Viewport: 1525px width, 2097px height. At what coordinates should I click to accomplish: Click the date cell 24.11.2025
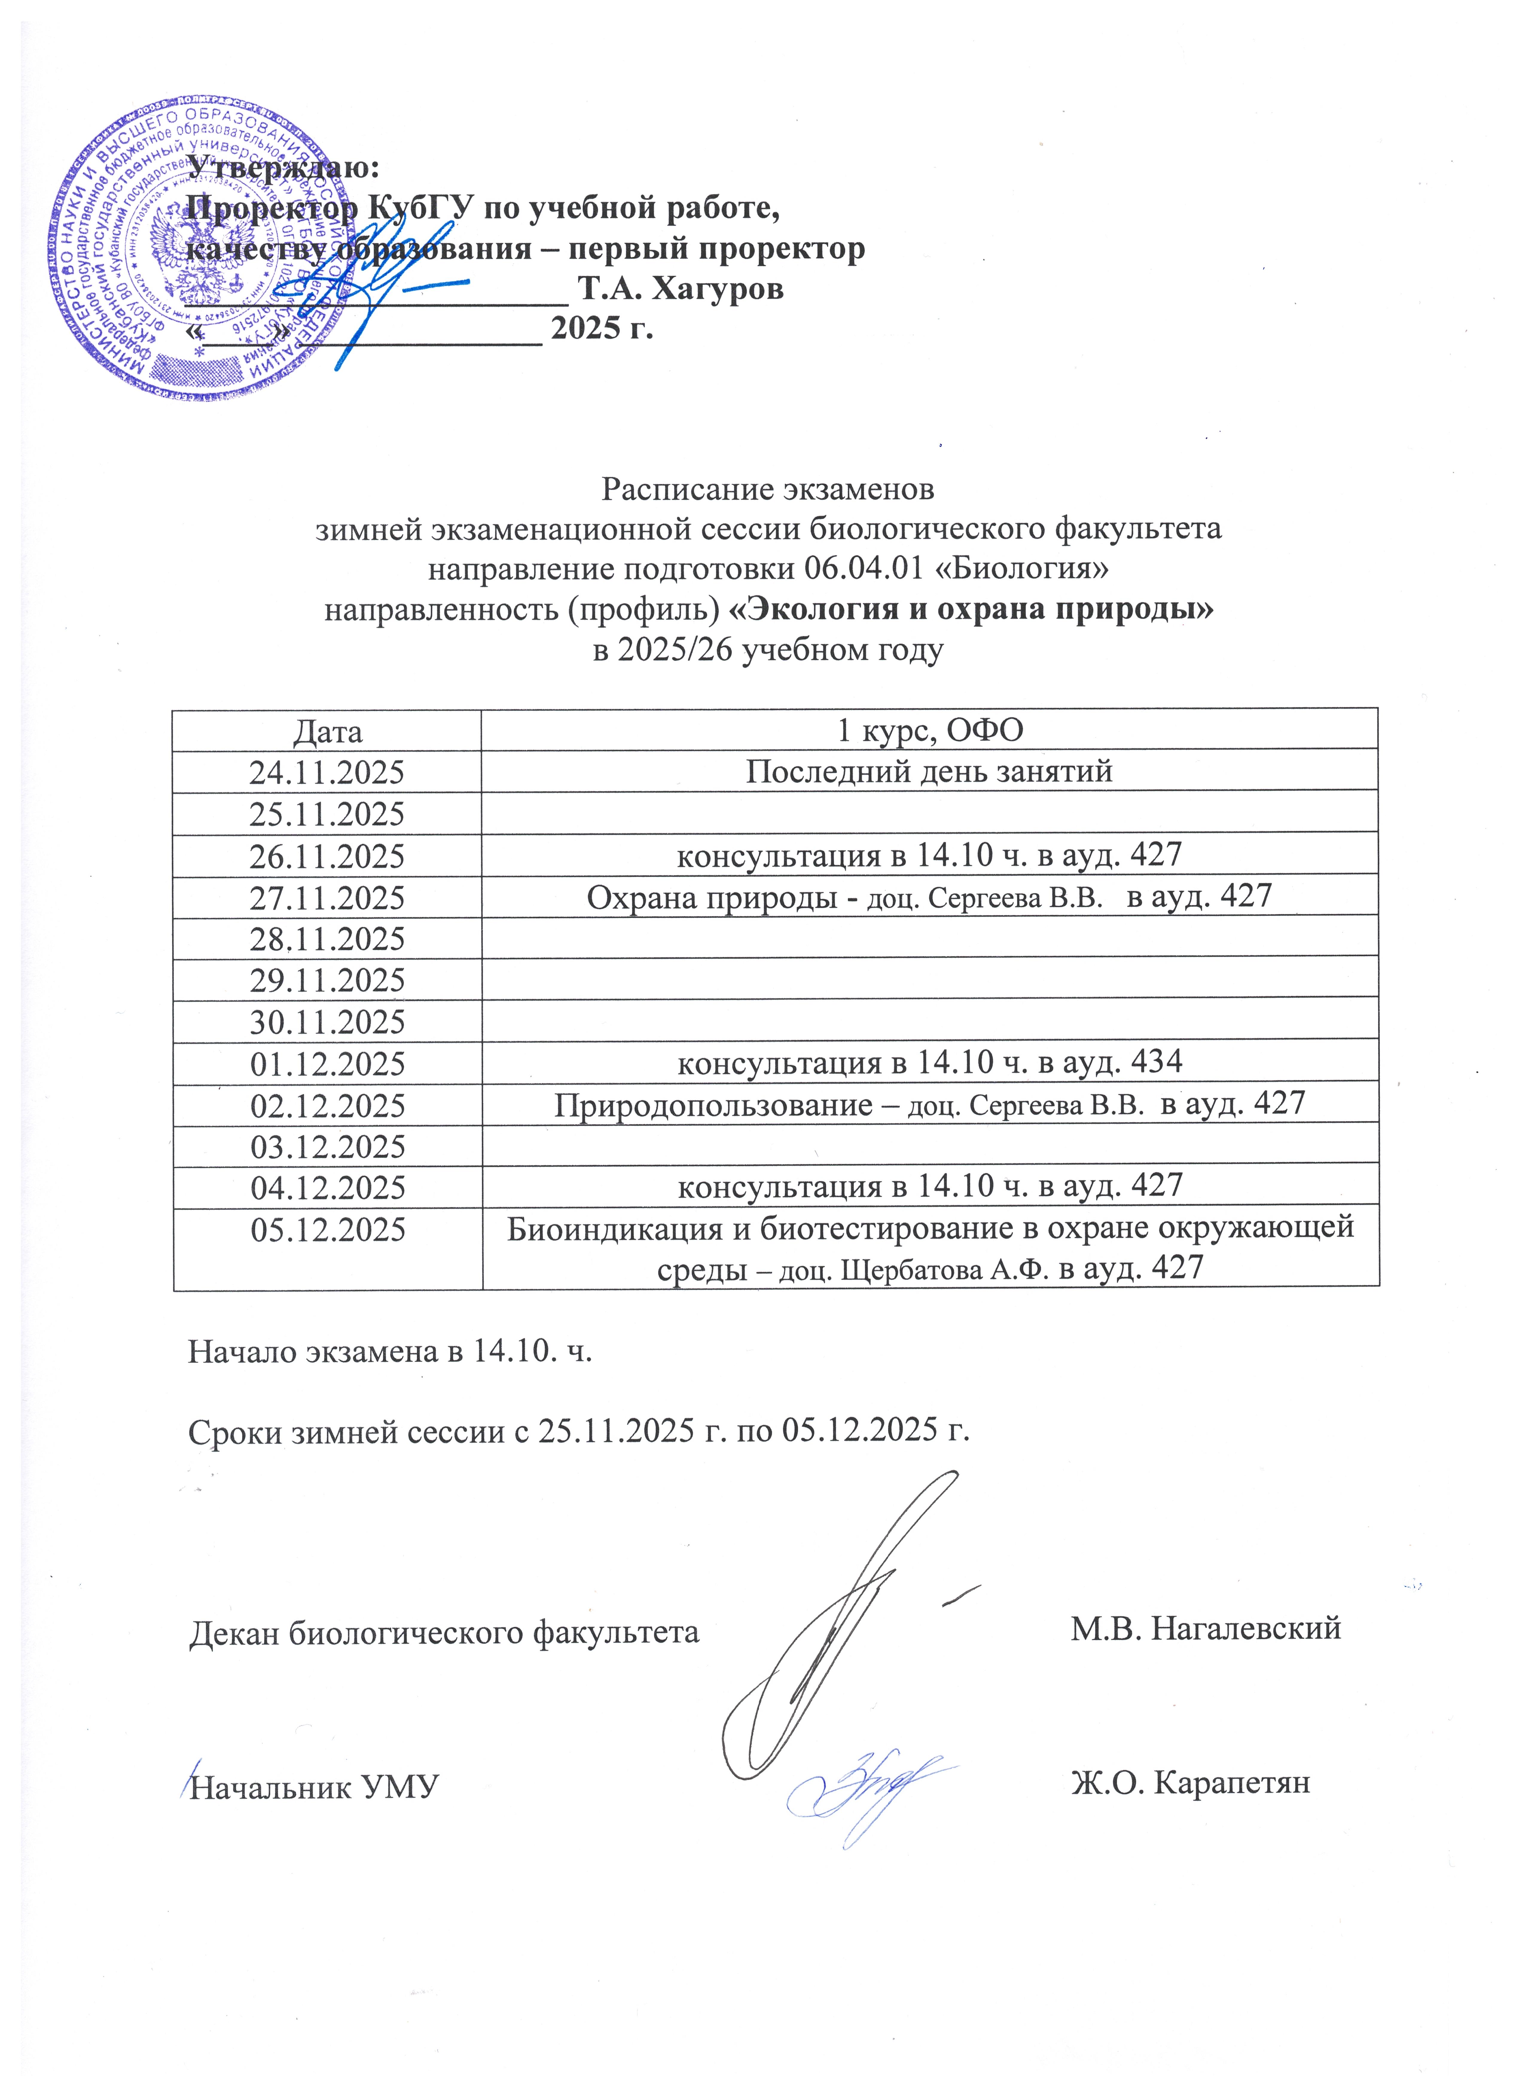coord(327,772)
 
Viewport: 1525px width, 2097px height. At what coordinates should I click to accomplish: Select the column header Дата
coord(327,731)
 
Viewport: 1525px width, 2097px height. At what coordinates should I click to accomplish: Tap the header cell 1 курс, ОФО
coord(929,731)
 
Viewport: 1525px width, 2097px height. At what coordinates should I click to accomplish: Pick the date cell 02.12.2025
coord(327,1105)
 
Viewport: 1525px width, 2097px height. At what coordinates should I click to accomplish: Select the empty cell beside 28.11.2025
coord(929,938)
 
